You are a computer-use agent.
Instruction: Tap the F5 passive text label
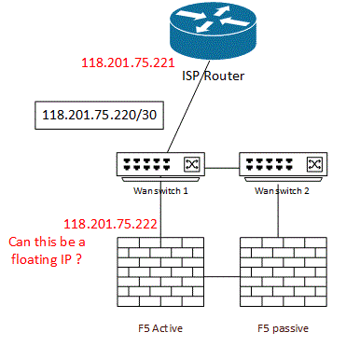tap(284, 329)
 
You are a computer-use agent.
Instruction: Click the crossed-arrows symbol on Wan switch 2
tap(315, 165)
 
